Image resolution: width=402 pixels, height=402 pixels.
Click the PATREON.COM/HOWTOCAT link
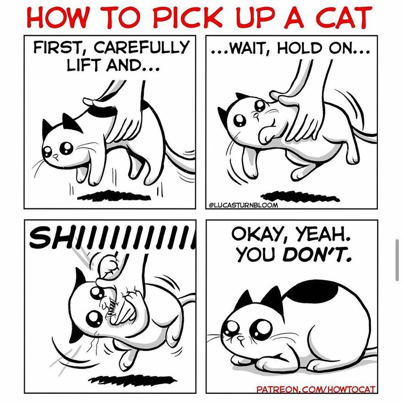pyautogui.click(x=316, y=390)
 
